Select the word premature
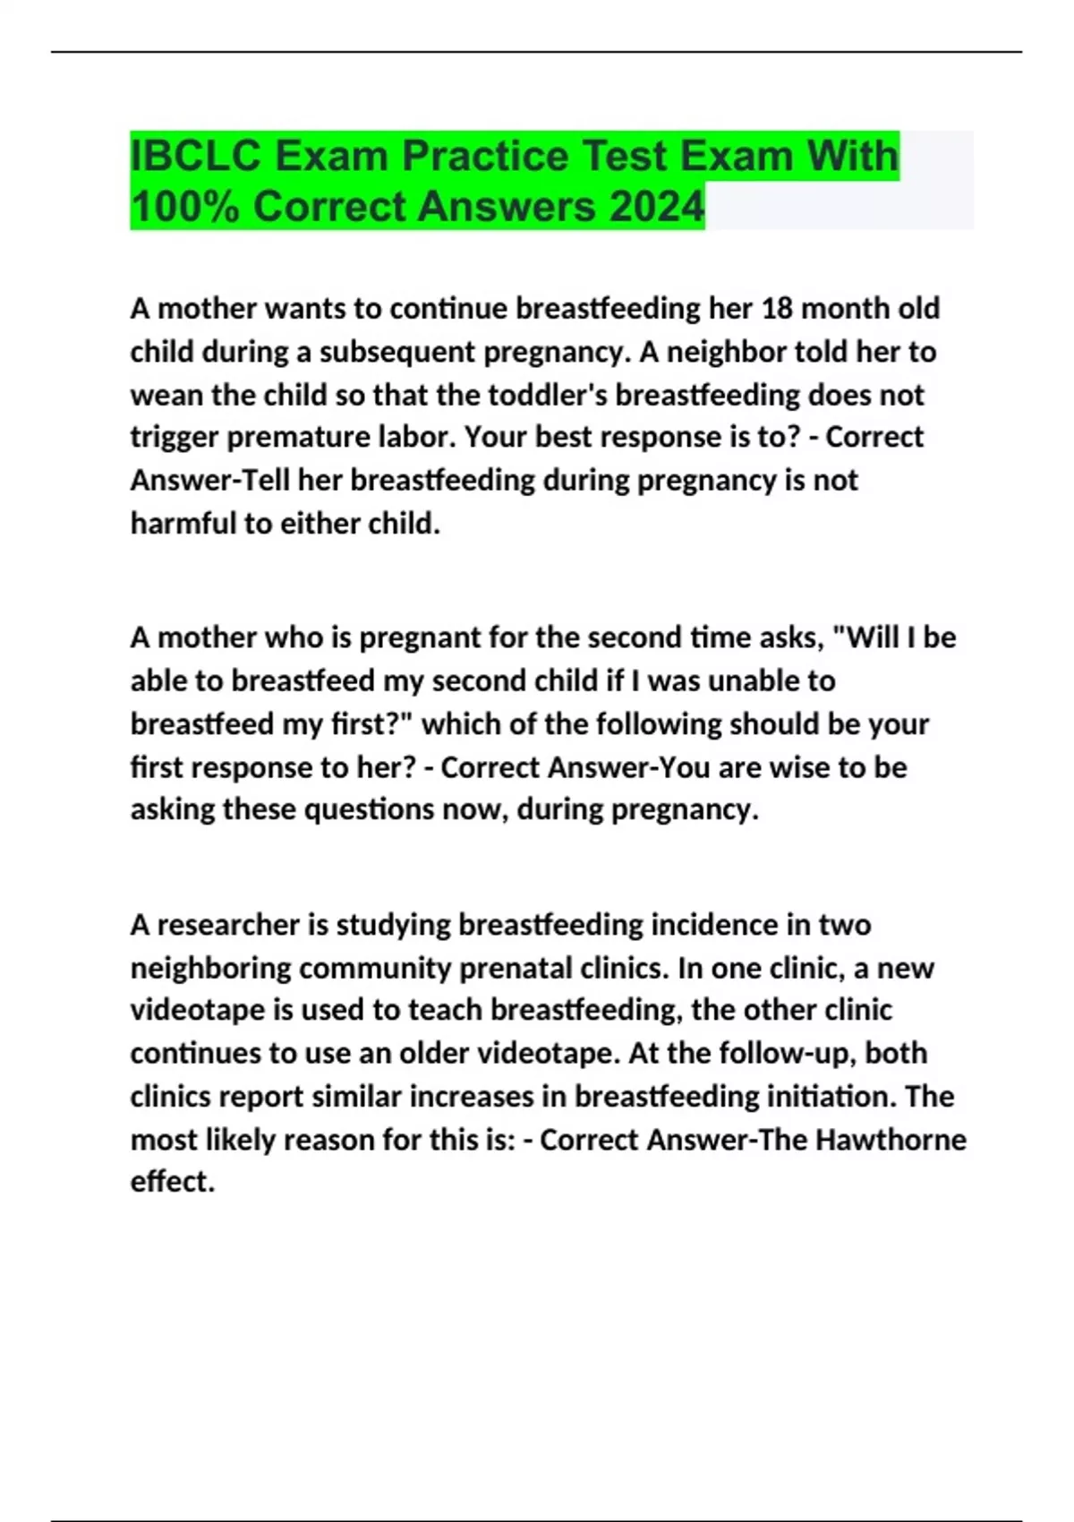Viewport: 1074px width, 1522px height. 313,437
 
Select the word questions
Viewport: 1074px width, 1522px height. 362,809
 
